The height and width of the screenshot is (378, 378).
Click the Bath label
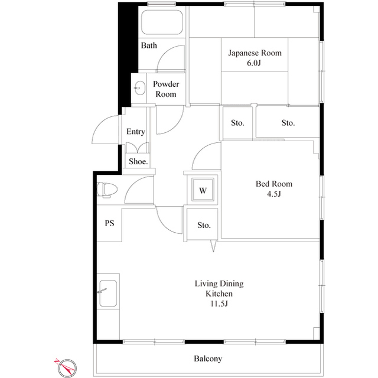tap(149, 45)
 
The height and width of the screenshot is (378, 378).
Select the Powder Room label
tap(165, 89)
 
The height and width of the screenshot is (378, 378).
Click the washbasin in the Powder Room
tap(139, 88)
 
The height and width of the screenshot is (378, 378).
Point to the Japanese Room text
tap(255, 53)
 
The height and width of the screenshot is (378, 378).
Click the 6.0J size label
tap(255, 63)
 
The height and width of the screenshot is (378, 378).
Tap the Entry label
tap(135, 132)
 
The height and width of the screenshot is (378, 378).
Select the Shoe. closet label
tap(138, 161)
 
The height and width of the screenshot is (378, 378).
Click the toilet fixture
tap(107, 190)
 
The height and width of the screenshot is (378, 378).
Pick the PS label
tap(109, 223)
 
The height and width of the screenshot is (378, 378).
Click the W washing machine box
tap(203, 190)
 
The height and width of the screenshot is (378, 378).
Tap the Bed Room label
tap(273, 184)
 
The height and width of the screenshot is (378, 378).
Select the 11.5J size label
tap(219, 304)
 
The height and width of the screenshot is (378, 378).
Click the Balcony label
tap(208, 359)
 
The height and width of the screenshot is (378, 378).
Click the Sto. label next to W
tap(204, 225)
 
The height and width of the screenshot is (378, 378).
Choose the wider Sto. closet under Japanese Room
tap(288, 123)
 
